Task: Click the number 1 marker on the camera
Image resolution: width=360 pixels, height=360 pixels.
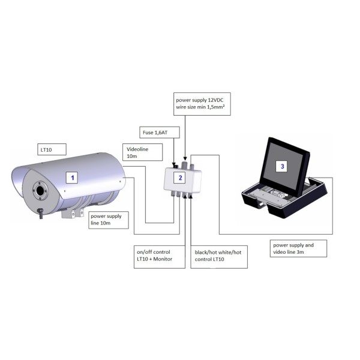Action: [x=73, y=178]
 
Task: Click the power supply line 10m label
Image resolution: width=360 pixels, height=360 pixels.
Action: [x=108, y=221]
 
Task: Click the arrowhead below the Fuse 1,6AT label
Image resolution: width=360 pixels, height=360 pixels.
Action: [x=174, y=163]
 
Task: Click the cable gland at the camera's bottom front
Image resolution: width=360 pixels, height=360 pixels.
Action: [x=40, y=212]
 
